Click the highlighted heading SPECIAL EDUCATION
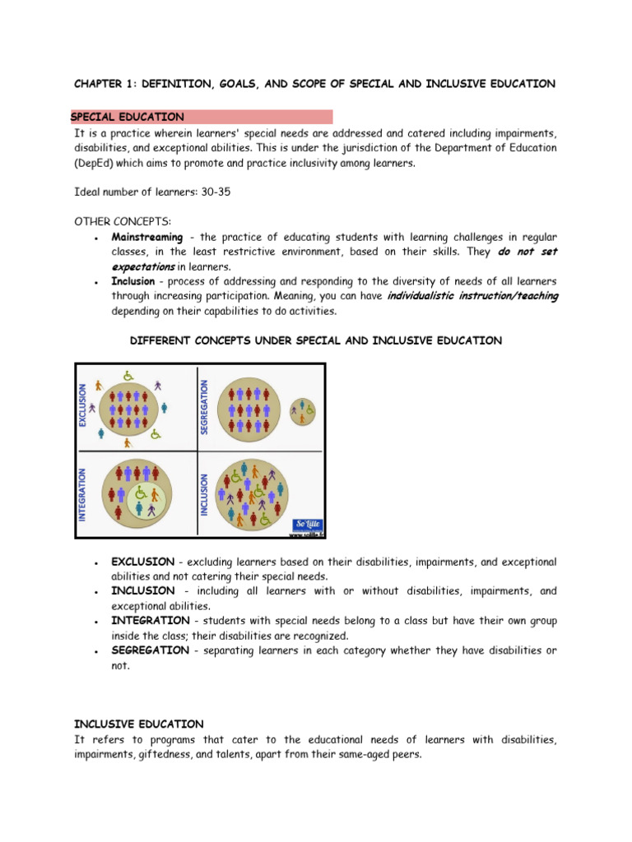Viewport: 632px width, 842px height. (x=128, y=118)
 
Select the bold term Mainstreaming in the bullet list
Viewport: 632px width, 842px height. (x=147, y=238)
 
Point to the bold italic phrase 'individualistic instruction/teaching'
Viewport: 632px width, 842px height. (x=472, y=297)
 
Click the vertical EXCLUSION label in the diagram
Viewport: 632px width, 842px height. (x=82, y=405)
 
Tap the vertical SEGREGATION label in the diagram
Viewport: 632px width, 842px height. (x=205, y=406)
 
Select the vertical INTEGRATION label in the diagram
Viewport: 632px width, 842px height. (x=82, y=494)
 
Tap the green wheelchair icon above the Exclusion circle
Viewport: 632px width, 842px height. (x=128, y=376)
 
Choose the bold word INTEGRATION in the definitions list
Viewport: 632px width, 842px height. (x=148, y=621)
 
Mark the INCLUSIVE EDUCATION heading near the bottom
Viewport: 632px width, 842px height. (x=138, y=724)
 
